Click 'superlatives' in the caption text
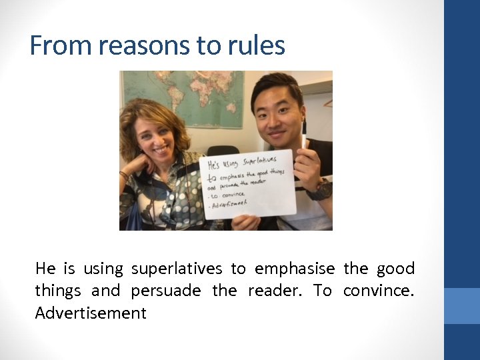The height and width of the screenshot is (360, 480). tap(177, 269)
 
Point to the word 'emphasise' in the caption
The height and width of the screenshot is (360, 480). tap(295, 269)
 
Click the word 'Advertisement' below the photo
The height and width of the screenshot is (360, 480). tap(91, 313)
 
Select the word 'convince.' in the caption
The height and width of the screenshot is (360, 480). tap(379, 291)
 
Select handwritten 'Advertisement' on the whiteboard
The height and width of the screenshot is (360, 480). tap(230, 203)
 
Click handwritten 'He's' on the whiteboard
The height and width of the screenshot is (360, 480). tap(213, 164)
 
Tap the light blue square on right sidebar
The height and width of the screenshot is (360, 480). tap(462, 305)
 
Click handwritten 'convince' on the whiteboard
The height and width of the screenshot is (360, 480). tap(229, 194)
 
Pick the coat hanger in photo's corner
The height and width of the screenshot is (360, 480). tap(326, 103)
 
